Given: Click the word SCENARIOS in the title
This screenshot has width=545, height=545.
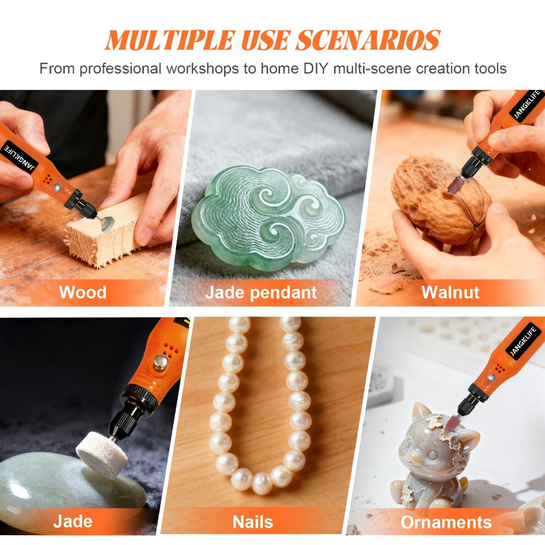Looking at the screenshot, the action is pyautogui.click(x=368, y=40).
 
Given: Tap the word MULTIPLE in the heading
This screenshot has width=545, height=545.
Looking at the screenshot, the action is pyautogui.click(x=170, y=40).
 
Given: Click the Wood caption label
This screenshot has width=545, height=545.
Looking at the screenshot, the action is pyautogui.click(x=82, y=292).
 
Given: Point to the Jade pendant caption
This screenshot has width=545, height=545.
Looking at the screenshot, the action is pyautogui.click(x=261, y=293).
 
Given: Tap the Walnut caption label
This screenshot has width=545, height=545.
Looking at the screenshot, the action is pyautogui.click(x=450, y=292).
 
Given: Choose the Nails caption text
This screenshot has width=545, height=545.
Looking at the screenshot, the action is pyautogui.click(x=253, y=522).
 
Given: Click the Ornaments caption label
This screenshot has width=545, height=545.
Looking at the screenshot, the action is pyautogui.click(x=446, y=522).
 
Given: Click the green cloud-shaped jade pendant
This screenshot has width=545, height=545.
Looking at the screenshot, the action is pyautogui.click(x=268, y=219).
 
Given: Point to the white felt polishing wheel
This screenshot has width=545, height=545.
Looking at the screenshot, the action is pyautogui.click(x=102, y=450).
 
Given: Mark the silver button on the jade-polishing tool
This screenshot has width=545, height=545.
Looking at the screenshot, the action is pyautogui.click(x=160, y=363).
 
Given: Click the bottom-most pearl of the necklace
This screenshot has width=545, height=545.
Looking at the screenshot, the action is pyautogui.click(x=262, y=483).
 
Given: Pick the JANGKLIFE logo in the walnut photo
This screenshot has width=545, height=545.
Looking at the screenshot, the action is pyautogui.click(x=527, y=104).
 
